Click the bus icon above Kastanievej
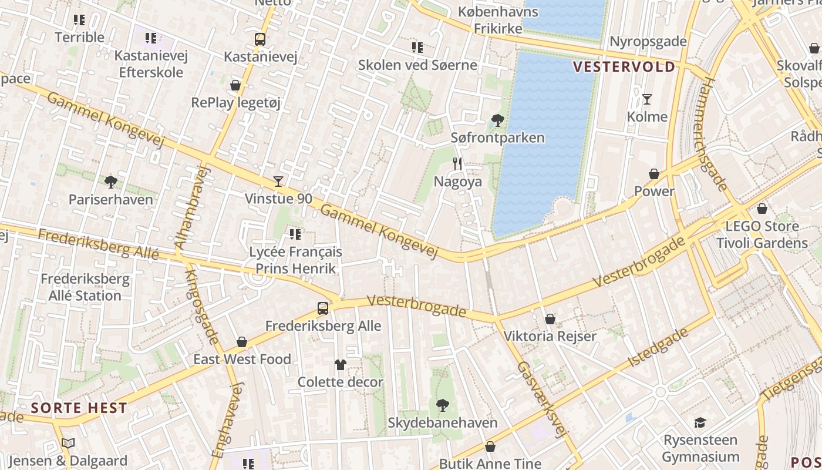coord(260,39)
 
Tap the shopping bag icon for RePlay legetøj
coord(235,86)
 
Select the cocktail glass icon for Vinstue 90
coord(278,182)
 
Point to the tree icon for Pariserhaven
coord(110,182)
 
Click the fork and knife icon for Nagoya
coord(458,164)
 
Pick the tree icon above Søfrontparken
coord(497,120)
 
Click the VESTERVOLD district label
coord(624,67)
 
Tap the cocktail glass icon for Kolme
coord(647,99)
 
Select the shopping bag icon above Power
coord(654,174)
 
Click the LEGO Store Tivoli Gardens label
coord(762,234)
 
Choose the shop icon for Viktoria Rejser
coord(550,319)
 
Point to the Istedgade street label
coord(658,348)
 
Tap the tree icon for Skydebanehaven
coord(443,405)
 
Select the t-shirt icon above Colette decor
coord(341,365)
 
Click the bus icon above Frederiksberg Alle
coord(323,308)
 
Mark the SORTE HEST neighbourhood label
coord(79,408)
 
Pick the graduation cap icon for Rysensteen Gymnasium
coord(700,422)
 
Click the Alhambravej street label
coord(192,207)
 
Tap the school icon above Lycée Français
coord(295,235)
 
